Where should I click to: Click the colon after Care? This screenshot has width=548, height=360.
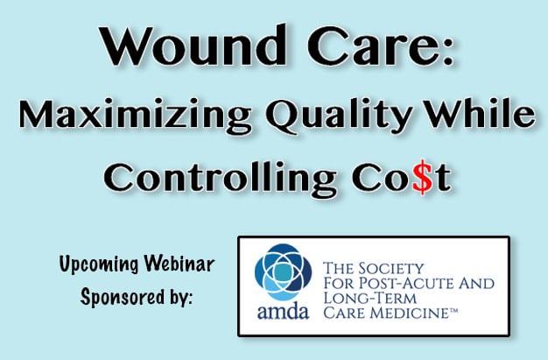447,52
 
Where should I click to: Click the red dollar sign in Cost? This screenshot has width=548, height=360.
423,177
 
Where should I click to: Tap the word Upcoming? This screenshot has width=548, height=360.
99,265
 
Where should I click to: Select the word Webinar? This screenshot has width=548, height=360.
179,264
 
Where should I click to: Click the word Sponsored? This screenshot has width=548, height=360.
123,297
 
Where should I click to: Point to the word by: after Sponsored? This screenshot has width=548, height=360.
181,297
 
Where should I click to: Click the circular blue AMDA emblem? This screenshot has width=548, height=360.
283,272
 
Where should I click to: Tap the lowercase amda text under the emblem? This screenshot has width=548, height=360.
283,311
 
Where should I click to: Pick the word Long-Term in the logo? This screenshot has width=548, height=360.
370,299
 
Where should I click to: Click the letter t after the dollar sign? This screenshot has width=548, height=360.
443,179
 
